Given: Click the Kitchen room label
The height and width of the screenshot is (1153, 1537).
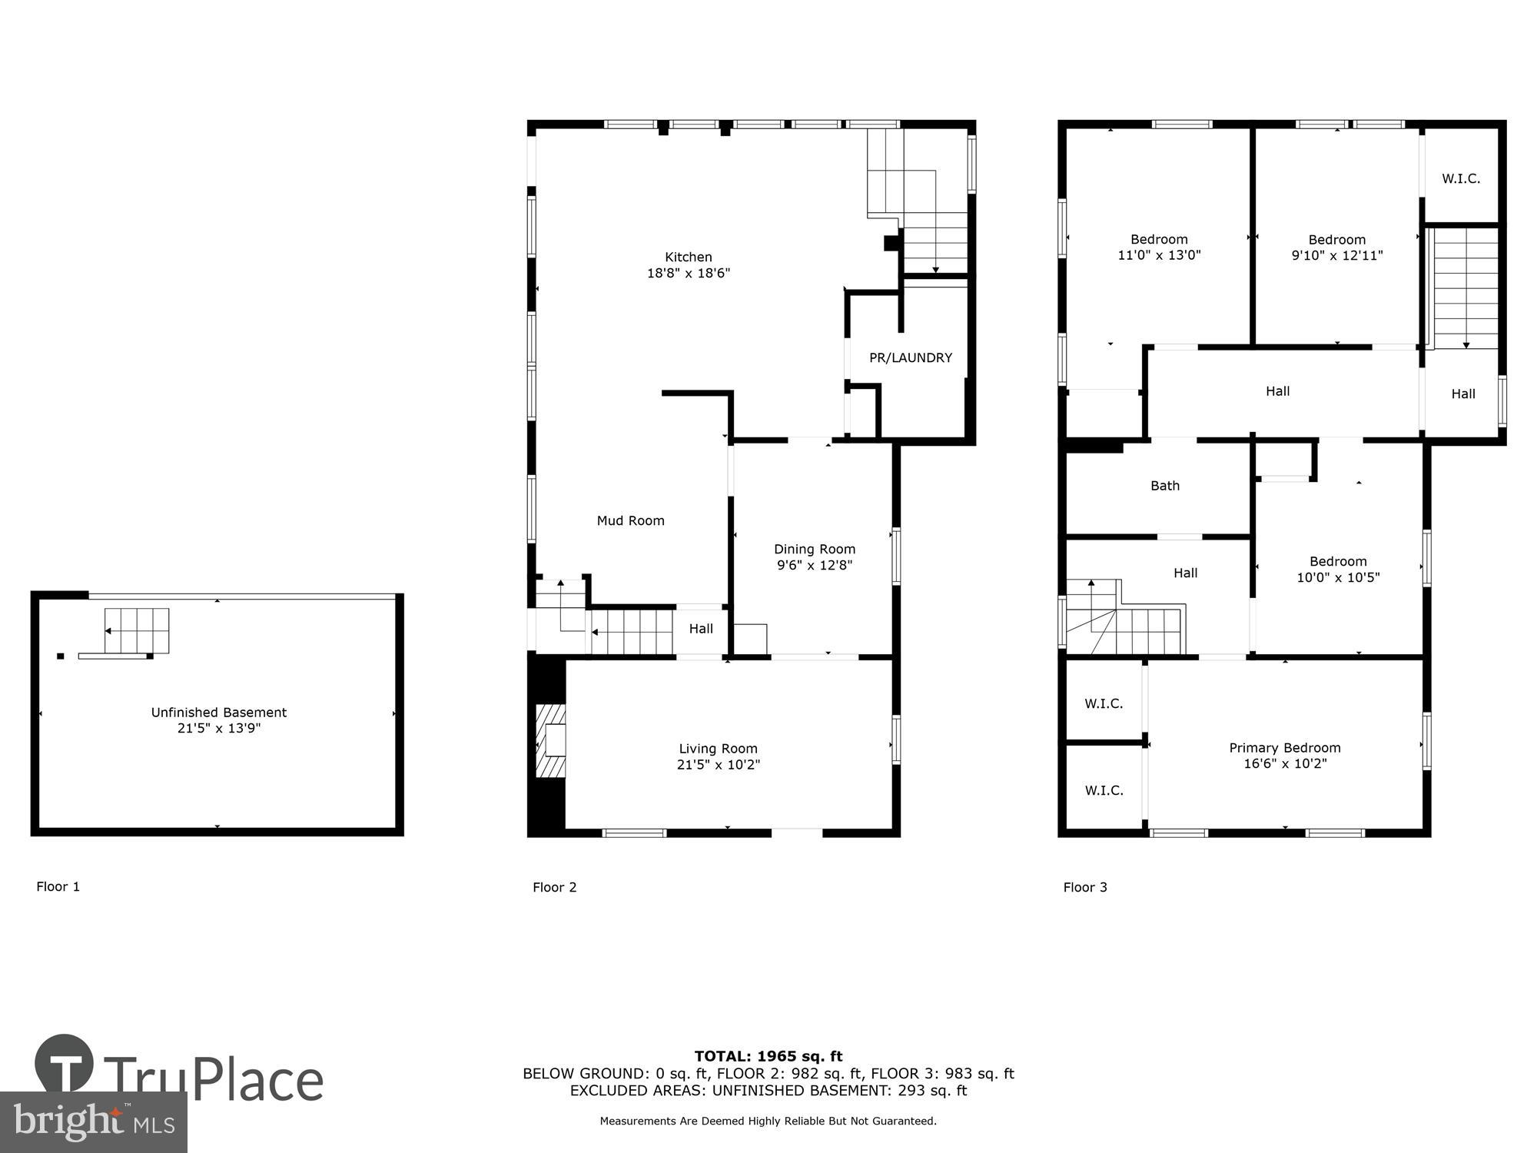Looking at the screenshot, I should click(x=688, y=257).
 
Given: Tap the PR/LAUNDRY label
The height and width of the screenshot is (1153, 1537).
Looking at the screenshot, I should click(x=910, y=357).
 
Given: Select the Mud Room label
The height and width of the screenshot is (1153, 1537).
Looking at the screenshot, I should click(x=630, y=520).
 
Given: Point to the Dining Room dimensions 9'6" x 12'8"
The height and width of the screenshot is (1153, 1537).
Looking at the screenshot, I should click(x=814, y=565).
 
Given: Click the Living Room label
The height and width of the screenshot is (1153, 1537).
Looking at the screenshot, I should click(x=718, y=748).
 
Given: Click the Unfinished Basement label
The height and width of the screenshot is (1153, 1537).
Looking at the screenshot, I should click(x=218, y=712).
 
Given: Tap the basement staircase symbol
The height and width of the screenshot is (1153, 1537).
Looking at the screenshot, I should click(x=136, y=630).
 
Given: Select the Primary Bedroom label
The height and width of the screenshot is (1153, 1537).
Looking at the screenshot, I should click(x=1284, y=747).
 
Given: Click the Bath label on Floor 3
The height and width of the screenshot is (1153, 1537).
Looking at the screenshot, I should click(x=1164, y=485).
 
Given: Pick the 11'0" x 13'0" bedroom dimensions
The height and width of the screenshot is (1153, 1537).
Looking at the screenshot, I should click(x=1158, y=255).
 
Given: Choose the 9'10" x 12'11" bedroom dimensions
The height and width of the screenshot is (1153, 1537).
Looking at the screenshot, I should click(x=1336, y=255).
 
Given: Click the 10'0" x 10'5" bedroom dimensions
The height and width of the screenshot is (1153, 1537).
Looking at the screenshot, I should click(x=1338, y=577).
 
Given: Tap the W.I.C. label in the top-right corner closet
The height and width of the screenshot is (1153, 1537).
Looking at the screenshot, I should click(x=1460, y=178).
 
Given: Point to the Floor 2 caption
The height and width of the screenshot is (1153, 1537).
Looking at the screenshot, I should click(x=554, y=887).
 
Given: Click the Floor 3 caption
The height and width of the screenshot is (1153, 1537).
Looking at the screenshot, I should click(x=1084, y=887).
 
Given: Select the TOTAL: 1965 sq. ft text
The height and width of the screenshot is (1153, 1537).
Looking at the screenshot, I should click(x=768, y=1056).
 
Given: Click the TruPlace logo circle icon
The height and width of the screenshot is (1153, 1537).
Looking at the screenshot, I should click(x=65, y=1065).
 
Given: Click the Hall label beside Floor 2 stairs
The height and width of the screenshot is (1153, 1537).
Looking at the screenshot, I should click(x=700, y=629).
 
